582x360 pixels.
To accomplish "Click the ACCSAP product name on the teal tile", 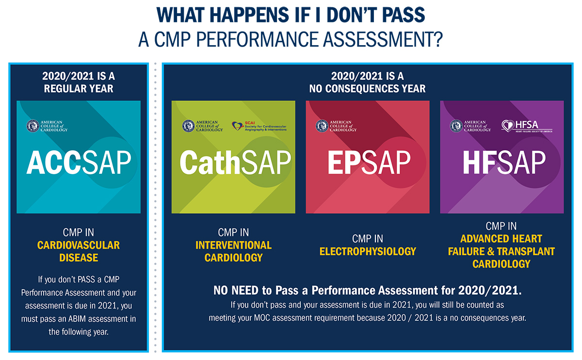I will tap(79, 163).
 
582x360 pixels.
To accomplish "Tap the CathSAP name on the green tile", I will tap(235, 163).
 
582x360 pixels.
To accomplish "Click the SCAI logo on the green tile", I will tap(259, 126).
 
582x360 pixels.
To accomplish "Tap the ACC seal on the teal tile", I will tap(32, 126).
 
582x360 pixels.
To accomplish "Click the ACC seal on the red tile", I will tap(322, 126).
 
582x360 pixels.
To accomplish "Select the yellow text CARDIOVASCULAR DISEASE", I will tap(79, 251).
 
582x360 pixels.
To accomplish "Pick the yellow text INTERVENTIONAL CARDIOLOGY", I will tap(233, 251).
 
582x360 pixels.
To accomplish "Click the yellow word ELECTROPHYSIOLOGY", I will tap(368, 251).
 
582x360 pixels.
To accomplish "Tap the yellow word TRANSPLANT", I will tap(526, 251).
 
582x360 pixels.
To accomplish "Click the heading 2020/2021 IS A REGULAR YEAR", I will tap(79, 82).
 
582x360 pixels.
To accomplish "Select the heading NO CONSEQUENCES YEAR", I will tap(367, 89).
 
